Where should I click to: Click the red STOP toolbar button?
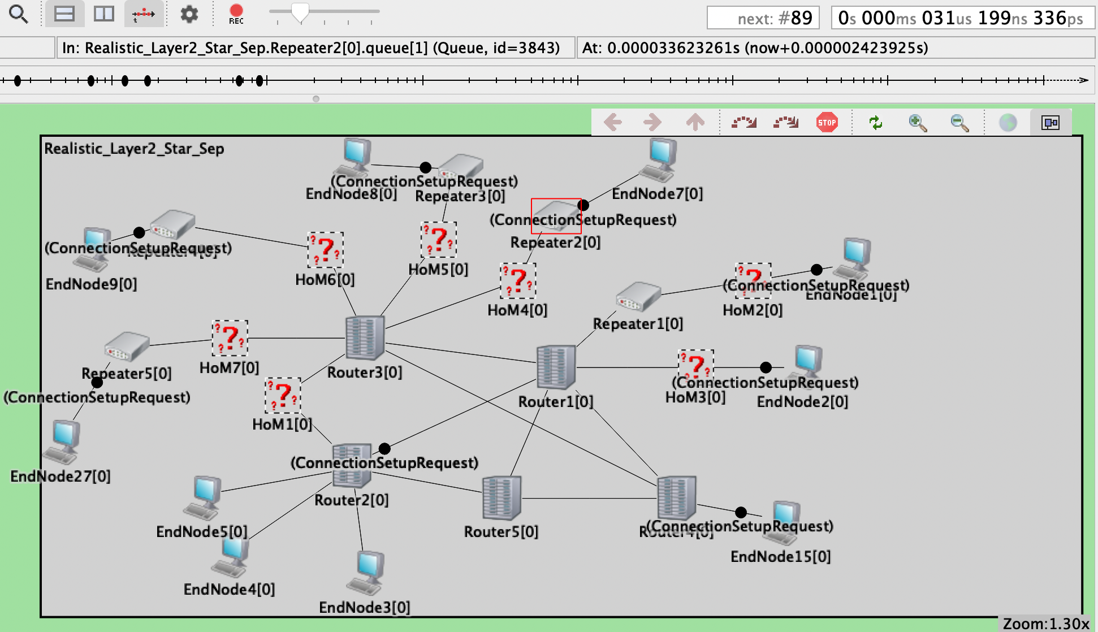pyautogui.click(x=827, y=122)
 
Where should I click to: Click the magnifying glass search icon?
pyautogui.click(x=19, y=14)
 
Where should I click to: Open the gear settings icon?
pyautogui.click(x=189, y=14)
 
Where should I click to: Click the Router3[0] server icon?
pyautogui.click(x=365, y=337)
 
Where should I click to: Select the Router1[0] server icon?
pyautogui.click(x=556, y=367)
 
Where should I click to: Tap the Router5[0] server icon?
pyautogui.click(x=501, y=498)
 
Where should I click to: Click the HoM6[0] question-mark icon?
pyautogui.click(x=325, y=250)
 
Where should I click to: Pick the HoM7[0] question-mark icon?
pyautogui.click(x=230, y=338)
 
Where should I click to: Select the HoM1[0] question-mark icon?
pyautogui.click(x=283, y=395)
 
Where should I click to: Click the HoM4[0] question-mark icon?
pyautogui.click(x=518, y=281)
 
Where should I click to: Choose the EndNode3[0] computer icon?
pyautogui.click(x=368, y=572)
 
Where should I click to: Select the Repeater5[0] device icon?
pyautogui.click(x=127, y=347)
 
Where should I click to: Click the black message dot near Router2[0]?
pyautogui.click(x=384, y=448)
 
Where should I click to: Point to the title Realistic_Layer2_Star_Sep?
pyautogui.click(x=134, y=149)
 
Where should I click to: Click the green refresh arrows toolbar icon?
pyautogui.click(x=875, y=122)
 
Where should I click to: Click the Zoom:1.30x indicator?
pyautogui.click(x=1045, y=624)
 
